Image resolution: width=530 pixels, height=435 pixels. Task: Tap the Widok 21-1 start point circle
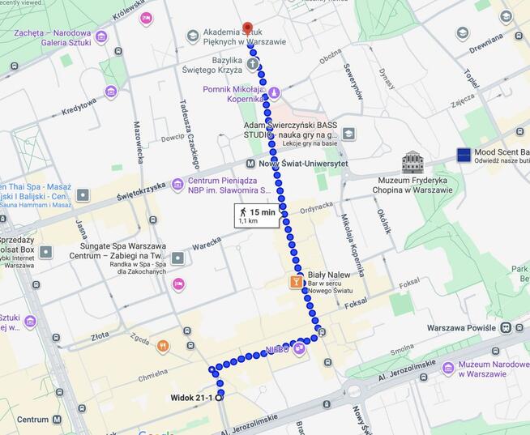220,396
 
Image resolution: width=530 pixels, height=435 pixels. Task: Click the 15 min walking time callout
257,215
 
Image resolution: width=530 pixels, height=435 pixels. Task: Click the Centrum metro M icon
57,420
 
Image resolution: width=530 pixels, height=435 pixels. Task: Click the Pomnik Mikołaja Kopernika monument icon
274,92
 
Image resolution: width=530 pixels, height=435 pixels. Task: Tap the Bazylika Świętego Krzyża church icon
253,63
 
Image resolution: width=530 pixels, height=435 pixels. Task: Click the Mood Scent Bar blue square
464,154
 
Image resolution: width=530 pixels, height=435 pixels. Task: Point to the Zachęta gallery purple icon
101,37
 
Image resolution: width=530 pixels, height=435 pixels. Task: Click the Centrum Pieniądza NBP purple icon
177,185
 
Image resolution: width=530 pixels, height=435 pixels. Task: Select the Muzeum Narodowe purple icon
448,368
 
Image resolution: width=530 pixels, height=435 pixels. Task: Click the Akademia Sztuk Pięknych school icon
193,36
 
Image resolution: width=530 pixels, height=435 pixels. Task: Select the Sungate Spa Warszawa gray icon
177,258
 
